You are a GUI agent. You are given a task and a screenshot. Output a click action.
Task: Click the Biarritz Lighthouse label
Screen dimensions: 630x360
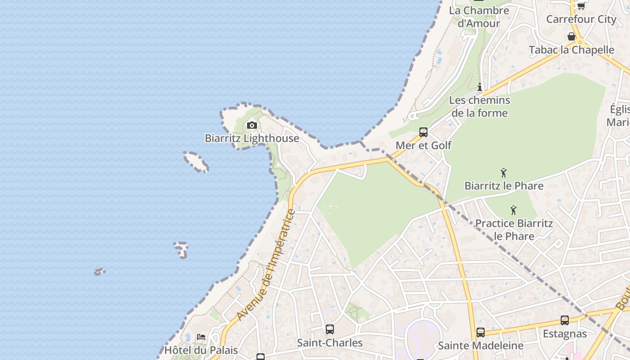click(252, 138)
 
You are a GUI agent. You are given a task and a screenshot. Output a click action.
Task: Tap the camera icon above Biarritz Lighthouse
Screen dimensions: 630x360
click(252, 125)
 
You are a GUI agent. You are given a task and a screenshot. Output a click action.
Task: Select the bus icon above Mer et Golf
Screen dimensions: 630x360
click(423, 132)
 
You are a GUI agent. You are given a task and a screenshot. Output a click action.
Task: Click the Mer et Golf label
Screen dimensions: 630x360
click(423, 145)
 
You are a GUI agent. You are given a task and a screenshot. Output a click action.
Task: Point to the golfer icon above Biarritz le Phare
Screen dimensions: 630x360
click(504, 172)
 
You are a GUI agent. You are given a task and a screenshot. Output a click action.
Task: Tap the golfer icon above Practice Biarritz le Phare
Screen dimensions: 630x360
click(513, 210)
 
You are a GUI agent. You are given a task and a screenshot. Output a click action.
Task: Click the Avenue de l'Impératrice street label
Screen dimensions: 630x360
click(266, 265)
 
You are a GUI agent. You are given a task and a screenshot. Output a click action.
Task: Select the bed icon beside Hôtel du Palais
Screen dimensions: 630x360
click(201, 337)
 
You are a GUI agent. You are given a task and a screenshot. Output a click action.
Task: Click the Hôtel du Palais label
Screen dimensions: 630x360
click(201, 350)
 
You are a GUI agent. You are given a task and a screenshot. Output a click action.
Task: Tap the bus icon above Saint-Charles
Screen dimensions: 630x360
click(330, 329)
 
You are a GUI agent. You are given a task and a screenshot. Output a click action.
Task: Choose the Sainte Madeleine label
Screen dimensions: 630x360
click(481, 346)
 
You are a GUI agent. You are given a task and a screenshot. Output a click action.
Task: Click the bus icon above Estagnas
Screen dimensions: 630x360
click(565, 320)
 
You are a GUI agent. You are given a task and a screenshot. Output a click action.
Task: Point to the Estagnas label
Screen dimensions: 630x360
click(565, 333)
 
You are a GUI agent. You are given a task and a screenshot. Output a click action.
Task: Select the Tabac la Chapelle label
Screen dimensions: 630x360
click(571, 50)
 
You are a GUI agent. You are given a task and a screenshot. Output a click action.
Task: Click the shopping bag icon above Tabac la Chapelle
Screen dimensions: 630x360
click(571, 36)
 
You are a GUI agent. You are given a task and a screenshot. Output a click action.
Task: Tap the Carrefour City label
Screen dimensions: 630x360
click(581, 19)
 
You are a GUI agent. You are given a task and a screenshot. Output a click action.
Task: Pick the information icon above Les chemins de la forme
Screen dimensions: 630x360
click(480, 87)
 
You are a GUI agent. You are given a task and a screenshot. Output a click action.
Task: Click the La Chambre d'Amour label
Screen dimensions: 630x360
click(479, 17)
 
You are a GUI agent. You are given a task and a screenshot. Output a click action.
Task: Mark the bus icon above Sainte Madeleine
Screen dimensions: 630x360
click(481, 333)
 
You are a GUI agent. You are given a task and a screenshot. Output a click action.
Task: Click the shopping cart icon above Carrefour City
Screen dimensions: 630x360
click(581, 6)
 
